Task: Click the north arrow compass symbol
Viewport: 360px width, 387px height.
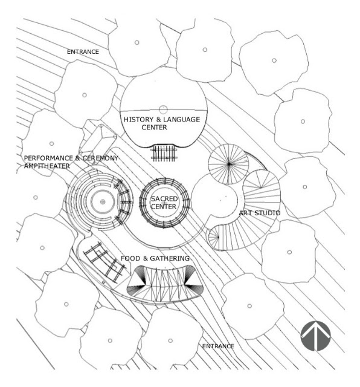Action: coord(315,336)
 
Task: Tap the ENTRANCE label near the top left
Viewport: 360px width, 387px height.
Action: coord(83,52)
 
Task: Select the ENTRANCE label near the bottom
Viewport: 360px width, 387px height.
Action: coord(218,346)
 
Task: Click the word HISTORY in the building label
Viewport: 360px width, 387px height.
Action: coord(138,120)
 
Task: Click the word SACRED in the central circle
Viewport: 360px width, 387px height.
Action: coord(164,199)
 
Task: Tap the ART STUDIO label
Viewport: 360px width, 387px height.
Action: coord(260,213)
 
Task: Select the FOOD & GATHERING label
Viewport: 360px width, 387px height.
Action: coord(155,258)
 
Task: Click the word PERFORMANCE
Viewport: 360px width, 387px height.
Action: coord(48,158)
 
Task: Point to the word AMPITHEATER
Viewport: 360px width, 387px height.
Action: coord(47,166)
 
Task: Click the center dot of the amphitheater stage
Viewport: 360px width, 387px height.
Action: coord(103,202)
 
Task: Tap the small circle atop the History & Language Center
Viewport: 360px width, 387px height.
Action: coord(163,109)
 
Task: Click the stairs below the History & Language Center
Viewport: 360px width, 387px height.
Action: coord(164,153)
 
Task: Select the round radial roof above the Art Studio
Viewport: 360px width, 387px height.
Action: coord(228,164)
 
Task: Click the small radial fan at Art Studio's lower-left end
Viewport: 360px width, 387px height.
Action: coord(214,237)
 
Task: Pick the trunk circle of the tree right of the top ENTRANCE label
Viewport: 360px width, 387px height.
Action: coord(137,42)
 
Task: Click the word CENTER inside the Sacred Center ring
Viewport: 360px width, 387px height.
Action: coord(164,207)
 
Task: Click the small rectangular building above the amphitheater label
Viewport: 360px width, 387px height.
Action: coord(98,141)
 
